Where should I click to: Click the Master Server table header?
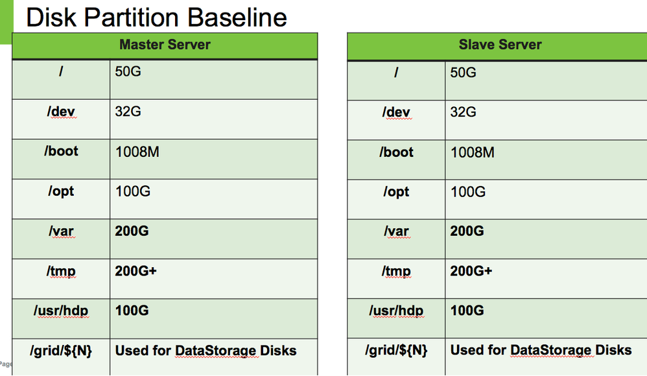(x=165, y=45)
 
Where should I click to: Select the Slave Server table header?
(x=500, y=45)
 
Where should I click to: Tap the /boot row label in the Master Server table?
(x=62, y=151)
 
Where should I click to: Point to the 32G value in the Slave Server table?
(x=463, y=112)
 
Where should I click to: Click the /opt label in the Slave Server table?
(x=397, y=192)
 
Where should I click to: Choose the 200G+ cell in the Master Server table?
(x=136, y=270)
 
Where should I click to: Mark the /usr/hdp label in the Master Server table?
(x=61, y=311)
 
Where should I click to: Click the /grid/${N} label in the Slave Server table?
(x=396, y=350)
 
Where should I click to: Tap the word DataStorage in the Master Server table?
(x=214, y=351)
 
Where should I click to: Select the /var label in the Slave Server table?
(x=396, y=231)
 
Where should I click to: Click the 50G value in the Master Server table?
(x=128, y=71)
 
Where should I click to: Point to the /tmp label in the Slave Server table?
(x=396, y=271)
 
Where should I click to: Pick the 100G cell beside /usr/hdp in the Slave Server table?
(x=467, y=311)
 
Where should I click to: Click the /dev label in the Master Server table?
(x=62, y=112)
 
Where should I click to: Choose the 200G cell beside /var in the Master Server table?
(x=132, y=231)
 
